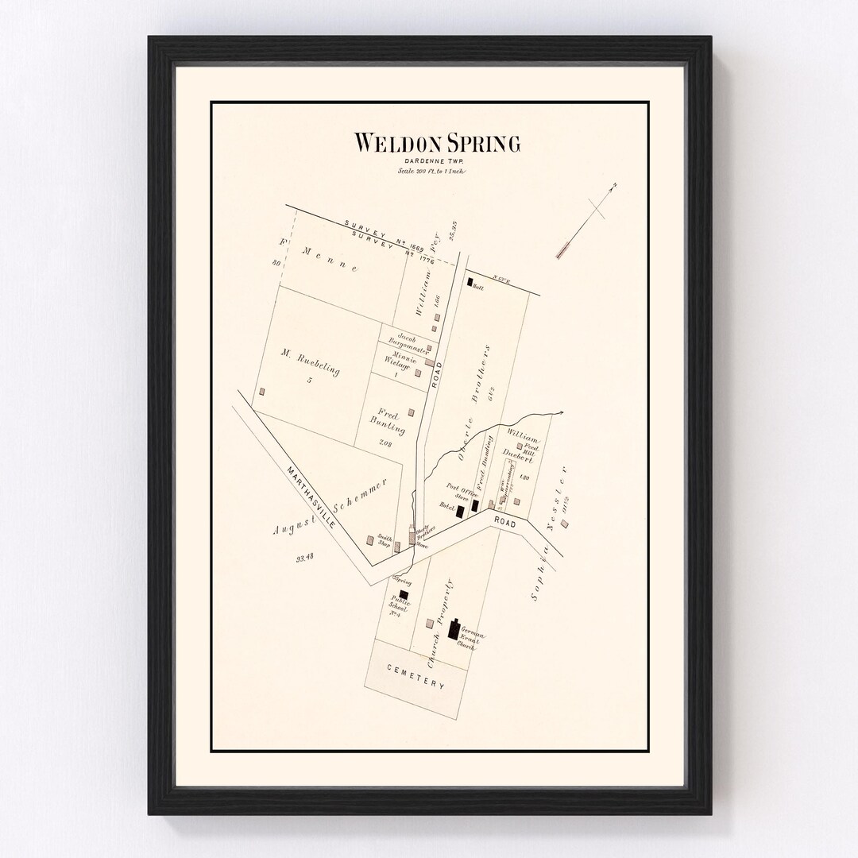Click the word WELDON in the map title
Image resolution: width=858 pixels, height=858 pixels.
tap(392, 144)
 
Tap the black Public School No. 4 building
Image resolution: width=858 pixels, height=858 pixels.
tap(404, 594)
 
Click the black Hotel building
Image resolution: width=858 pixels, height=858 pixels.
tap(460, 512)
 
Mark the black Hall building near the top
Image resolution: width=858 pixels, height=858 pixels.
tap(470, 281)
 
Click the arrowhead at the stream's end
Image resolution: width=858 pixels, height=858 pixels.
tap(561, 412)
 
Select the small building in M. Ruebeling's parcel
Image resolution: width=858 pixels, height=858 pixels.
tap(262, 392)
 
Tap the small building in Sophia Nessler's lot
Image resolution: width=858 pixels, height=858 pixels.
tap(564, 524)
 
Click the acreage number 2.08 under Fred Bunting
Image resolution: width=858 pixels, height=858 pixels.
tap(386, 443)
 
